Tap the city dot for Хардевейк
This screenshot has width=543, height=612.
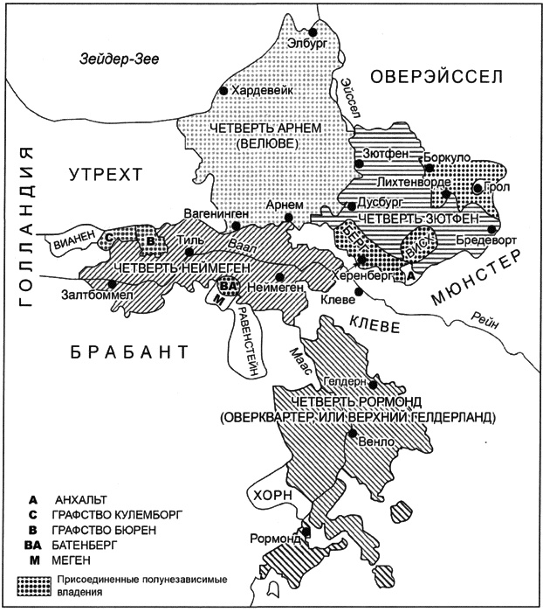[x=223, y=90]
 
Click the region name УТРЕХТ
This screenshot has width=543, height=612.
[x=104, y=177]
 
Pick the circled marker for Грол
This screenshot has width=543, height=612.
[x=478, y=187]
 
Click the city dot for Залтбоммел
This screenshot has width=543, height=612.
[x=111, y=284]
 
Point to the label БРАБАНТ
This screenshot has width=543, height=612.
[x=127, y=351]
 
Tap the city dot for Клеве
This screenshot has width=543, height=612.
[x=357, y=289]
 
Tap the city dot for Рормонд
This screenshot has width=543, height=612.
[x=306, y=531]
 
